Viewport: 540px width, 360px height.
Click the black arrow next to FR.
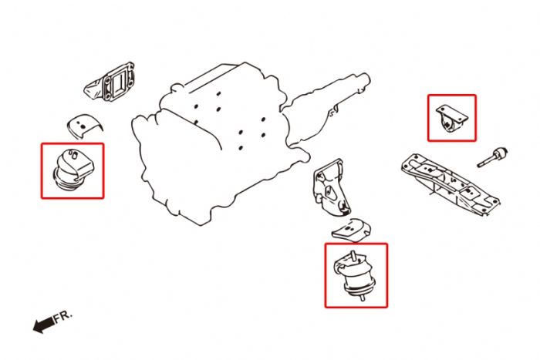click(x=43, y=325)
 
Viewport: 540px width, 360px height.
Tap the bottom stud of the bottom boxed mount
click(x=356, y=298)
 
